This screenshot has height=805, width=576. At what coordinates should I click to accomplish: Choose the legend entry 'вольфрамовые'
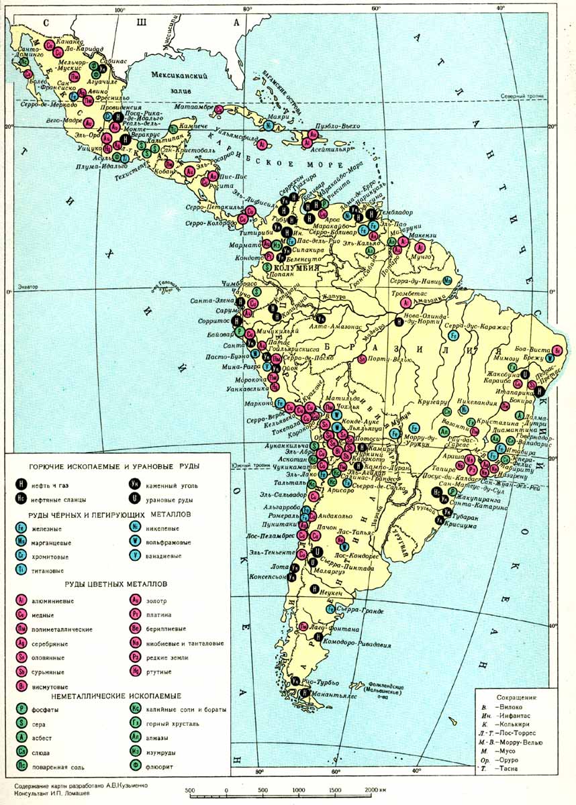(x=168, y=542)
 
